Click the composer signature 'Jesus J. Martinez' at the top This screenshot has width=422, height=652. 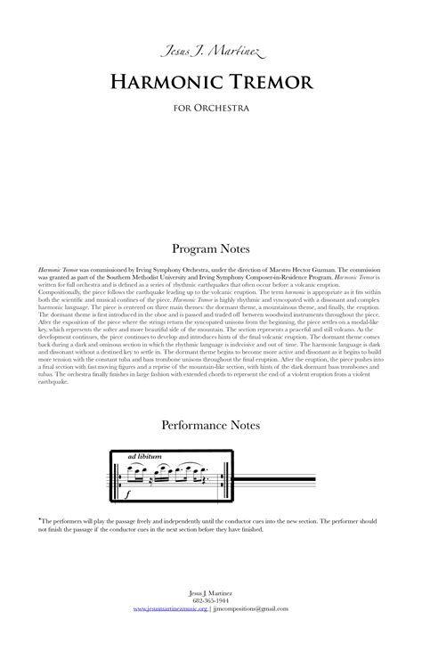[210, 56]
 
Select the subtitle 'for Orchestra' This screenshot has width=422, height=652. [210, 110]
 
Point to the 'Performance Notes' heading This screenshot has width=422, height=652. [210, 426]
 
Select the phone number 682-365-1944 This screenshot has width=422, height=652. [210, 600]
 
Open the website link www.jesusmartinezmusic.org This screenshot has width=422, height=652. [170, 608]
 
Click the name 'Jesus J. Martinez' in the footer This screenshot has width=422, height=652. [210, 592]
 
